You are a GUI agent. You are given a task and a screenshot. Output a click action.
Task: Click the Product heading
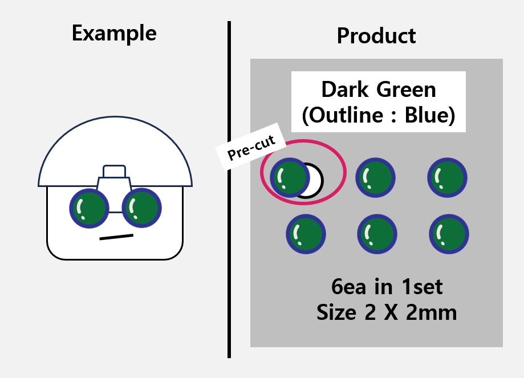coord(376,36)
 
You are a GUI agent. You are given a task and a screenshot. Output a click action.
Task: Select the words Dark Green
coord(378,90)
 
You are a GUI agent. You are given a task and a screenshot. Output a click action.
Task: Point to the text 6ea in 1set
coord(387,287)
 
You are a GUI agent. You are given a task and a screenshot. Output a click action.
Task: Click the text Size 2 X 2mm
coord(387,312)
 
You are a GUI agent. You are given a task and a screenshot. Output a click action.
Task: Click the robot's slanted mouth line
coord(116,237)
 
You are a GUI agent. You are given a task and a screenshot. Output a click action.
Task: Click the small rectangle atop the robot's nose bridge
coord(114,171)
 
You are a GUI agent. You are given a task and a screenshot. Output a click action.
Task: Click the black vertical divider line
coord(229,188)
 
